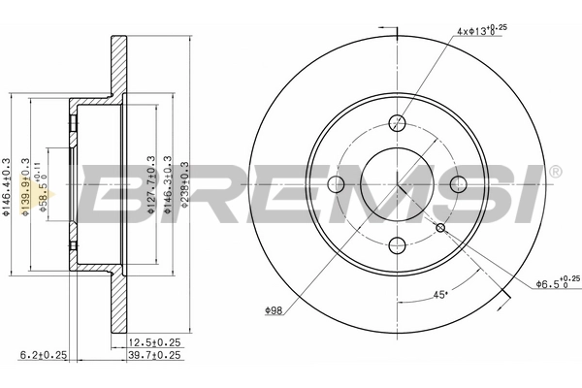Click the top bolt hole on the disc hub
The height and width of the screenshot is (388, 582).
(397, 123)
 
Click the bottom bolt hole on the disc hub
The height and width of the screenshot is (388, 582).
(397, 246)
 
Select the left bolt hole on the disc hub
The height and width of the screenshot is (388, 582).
(336, 185)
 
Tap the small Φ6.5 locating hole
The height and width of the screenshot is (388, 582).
(440, 228)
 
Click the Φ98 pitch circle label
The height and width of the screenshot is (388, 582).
(275, 310)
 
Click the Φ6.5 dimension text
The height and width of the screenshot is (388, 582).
(556, 283)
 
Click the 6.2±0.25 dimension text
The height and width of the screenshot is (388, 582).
(43, 356)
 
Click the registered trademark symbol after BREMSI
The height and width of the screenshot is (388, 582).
(554, 172)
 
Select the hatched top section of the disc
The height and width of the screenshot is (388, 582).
(119, 68)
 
